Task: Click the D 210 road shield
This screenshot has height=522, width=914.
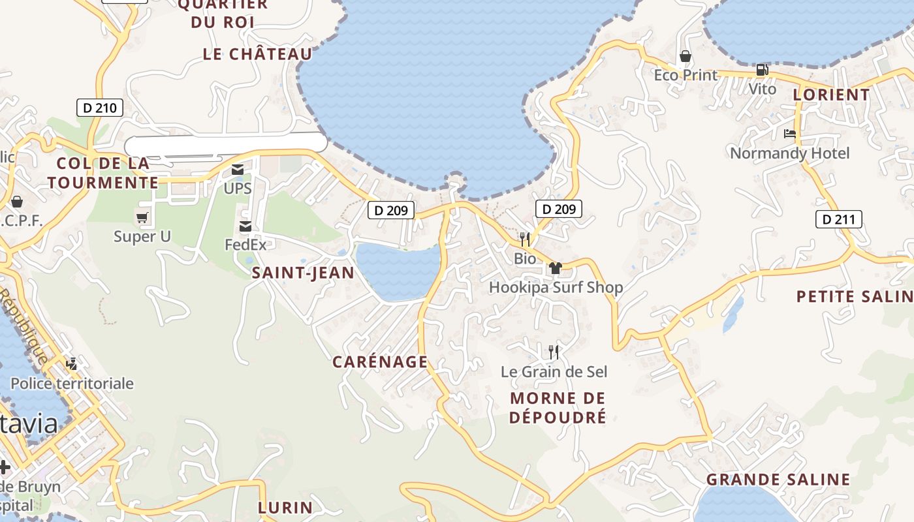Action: coord(100,108)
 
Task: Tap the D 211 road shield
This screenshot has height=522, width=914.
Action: coord(838,219)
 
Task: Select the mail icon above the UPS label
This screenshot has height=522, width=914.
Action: coord(238,170)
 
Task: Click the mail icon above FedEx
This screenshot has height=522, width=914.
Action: coord(245,226)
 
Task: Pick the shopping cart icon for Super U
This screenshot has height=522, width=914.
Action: coord(142,217)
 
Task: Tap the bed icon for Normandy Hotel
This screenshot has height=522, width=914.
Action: coord(790,134)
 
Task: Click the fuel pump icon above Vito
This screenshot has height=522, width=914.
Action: coord(762,70)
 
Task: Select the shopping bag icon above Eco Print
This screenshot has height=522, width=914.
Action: coord(685,56)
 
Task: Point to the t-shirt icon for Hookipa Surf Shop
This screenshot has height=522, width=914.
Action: coord(556,268)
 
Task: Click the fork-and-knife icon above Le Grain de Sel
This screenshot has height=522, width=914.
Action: coord(554,352)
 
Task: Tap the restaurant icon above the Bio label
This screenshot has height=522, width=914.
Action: coord(524,239)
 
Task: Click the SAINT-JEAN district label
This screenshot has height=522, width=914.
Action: coord(304,273)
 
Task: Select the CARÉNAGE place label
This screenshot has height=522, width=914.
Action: coord(380,361)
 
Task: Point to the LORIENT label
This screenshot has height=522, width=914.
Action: coord(831,95)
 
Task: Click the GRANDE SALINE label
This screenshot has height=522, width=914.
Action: coord(778,480)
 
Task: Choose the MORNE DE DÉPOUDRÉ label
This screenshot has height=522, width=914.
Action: coord(558,407)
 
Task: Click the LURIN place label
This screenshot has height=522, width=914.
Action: coord(285,507)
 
